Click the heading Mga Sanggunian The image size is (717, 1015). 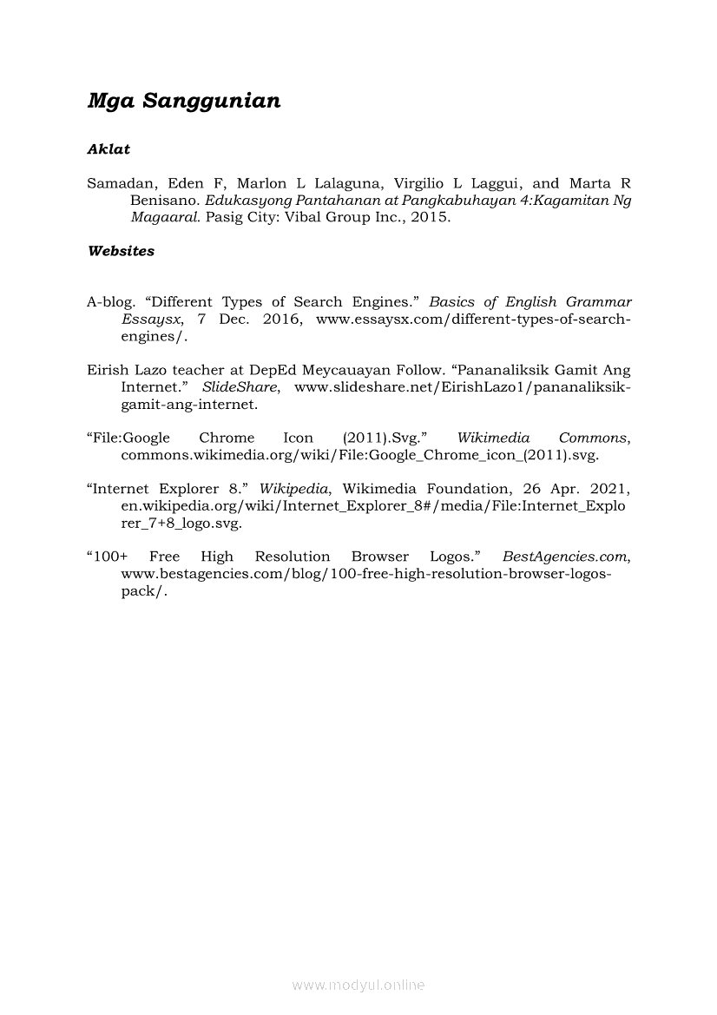point(184,102)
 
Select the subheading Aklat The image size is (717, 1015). point(109,149)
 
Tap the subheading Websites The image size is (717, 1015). point(121,251)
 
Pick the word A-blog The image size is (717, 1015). point(110,302)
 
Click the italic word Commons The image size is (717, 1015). point(593,438)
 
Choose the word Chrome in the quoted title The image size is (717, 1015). point(227,438)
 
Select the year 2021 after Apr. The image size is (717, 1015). point(608,489)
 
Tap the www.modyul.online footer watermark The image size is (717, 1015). point(358,985)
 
